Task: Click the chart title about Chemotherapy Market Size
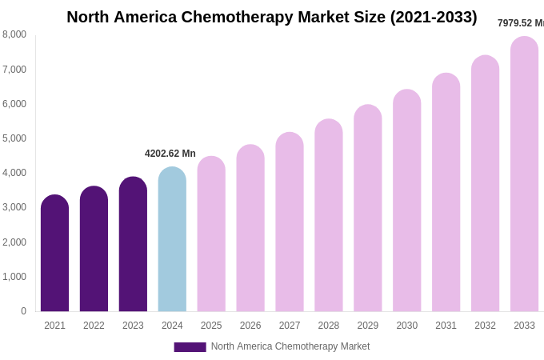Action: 272,17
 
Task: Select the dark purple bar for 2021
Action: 54,254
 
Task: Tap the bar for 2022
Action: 94,249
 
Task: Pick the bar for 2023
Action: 133,244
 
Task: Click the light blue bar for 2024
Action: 172,239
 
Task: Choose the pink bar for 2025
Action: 211,234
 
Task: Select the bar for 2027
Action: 290,222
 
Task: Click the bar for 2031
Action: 446,193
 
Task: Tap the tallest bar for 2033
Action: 524,174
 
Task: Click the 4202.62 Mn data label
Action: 170,154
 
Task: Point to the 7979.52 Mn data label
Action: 520,23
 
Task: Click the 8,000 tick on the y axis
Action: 14,34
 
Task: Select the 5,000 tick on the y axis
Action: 14,138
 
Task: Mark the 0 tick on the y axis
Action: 23,311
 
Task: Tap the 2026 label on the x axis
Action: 250,326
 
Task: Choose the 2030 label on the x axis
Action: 406,326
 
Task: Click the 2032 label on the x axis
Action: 485,326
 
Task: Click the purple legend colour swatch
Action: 190,347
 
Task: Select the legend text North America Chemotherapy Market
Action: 290,346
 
